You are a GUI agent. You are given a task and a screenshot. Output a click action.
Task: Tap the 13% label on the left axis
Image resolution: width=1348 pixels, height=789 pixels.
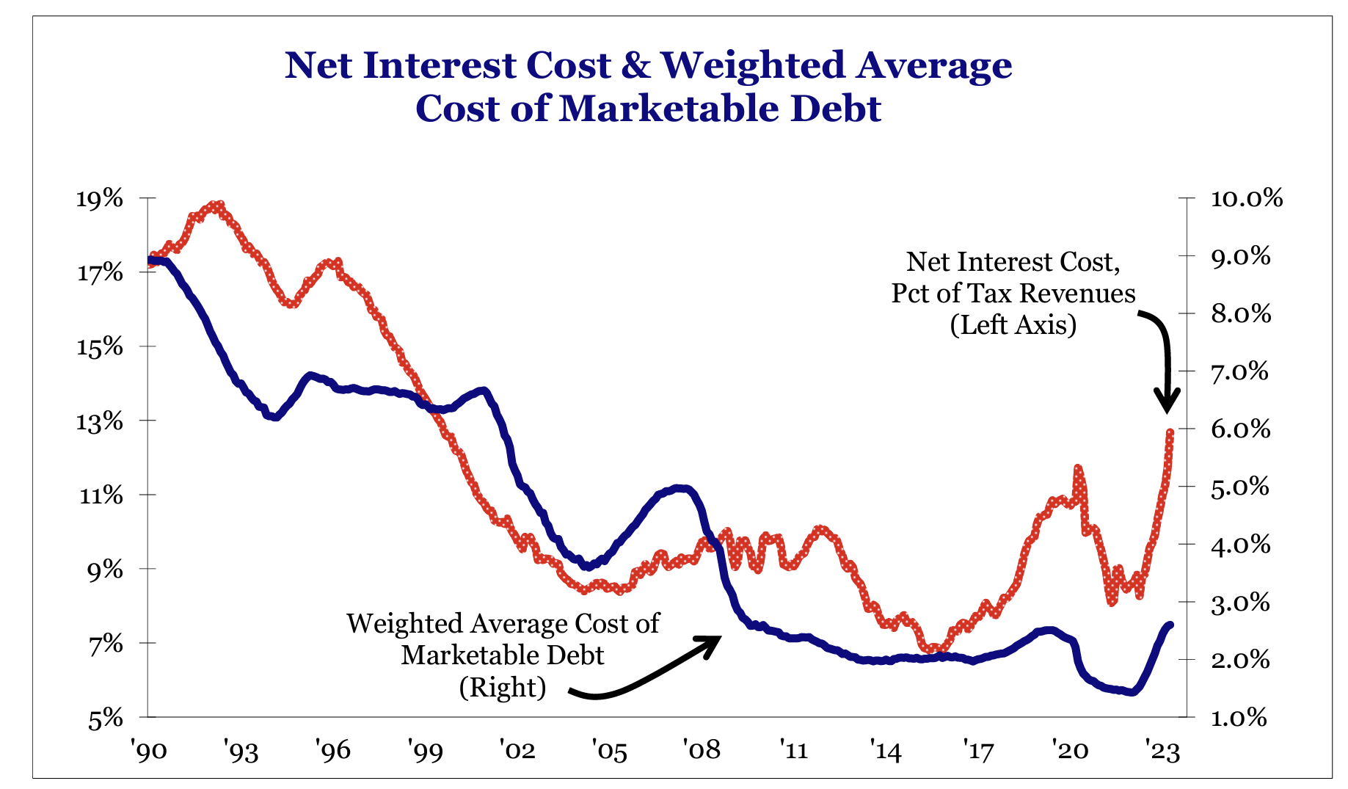pyautogui.click(x=101, y=421)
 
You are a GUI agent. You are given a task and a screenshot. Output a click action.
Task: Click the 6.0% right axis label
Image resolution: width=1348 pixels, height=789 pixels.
pyautogui.click(x=1233, y=429)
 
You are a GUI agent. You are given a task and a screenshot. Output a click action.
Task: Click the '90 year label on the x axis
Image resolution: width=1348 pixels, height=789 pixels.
pyautogui.click(x=149, y=752)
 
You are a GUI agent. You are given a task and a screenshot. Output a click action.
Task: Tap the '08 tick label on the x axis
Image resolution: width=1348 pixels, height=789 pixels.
pyautogui.click(x=701, y=752)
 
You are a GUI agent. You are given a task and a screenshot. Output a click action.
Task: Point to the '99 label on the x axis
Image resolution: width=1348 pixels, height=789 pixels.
pyautogui.click(x=425, y=752)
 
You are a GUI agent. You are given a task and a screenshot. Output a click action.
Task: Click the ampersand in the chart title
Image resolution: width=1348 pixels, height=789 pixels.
pyautogui.click(x=635, y=66)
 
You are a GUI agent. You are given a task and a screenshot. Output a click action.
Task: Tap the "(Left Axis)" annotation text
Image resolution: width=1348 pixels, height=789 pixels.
pyautogui.click(x=1013, y=325)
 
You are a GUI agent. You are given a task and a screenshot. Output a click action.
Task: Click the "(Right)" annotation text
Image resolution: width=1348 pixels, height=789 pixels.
pyautogui.click(x=503, y=687)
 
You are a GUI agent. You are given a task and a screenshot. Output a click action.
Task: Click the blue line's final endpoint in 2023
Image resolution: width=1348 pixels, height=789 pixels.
pyautogui.click(x=1170, y=625)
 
